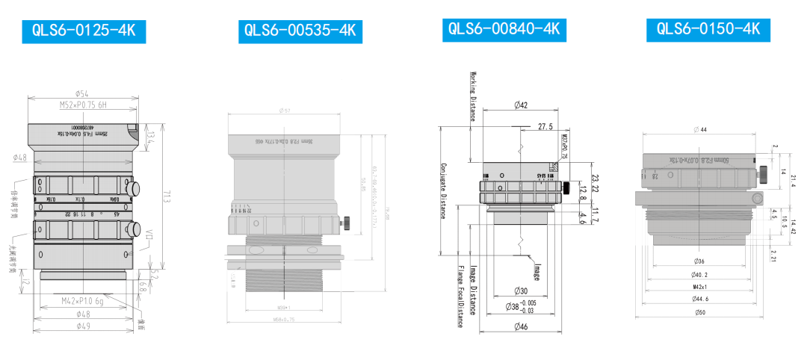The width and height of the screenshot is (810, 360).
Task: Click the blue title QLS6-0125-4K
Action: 84,31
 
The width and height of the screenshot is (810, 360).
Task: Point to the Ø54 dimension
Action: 83,93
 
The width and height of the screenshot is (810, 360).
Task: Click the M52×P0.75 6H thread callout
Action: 84,106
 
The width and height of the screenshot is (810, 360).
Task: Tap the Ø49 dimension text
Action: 83,326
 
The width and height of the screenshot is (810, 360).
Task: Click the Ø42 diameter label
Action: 521,105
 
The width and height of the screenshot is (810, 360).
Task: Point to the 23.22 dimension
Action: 596,183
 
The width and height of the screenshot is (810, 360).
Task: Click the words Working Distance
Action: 473,96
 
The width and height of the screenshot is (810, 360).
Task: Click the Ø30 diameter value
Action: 521,291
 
